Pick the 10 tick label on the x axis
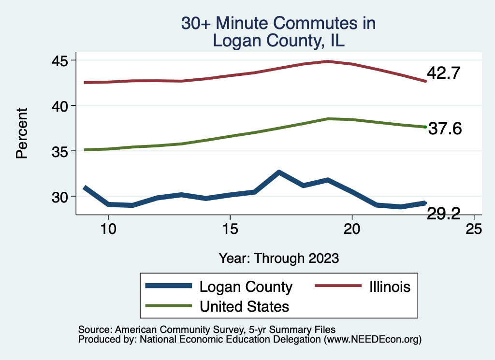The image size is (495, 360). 108,229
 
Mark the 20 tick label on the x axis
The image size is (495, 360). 352,229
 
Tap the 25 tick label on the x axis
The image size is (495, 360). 474,229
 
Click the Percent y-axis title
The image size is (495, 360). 21,133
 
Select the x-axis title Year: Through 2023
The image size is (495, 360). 278,258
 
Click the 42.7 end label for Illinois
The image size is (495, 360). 443,73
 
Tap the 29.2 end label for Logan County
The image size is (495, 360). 443,213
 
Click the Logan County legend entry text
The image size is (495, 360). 246,287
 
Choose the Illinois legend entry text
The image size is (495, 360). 390,287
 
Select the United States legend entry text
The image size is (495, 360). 244,306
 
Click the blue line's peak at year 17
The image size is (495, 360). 279,172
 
